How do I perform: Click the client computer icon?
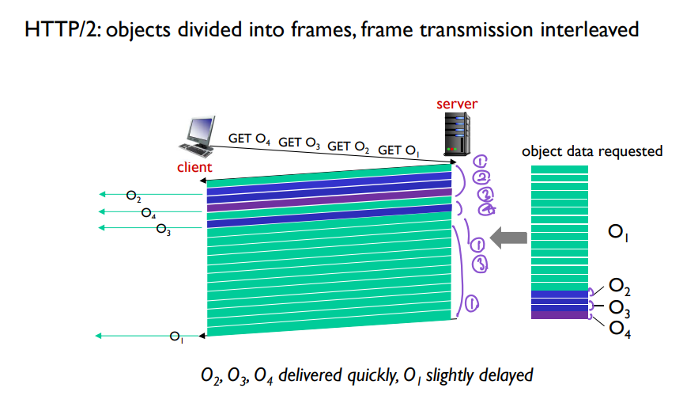click(198, 136)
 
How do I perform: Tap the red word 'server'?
click(457, 104)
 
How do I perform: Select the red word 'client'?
click(194, 167)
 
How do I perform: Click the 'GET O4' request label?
click(250, 139)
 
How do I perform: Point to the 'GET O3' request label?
click(299, 143)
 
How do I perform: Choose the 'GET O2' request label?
click(349, 146)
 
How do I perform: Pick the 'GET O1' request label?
click(398, 150)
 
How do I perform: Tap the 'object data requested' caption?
click(592, 151)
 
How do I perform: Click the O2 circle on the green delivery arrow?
click(134, 196)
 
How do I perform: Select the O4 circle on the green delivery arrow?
click(149, 213)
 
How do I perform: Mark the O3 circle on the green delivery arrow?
click(163, 230)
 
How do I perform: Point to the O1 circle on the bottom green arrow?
click(176, 338)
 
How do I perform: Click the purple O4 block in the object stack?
click(560, 315)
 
